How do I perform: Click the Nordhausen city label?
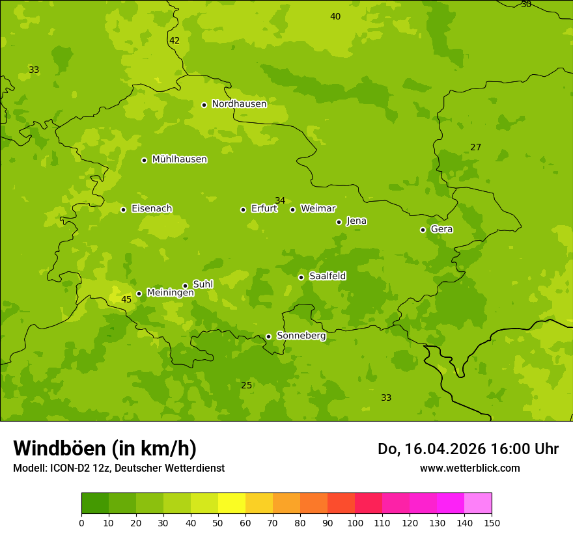tap(239, 104)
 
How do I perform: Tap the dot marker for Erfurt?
tap(243, 209)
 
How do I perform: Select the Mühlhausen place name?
tap(179, 159)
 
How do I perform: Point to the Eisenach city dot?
tap(123, 209)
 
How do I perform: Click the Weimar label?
tap(318, 209)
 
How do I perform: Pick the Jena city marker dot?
tap(339, 222)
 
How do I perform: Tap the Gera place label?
tap(441, 229)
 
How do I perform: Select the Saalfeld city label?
tap(328, 277)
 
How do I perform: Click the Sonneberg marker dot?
tap(268, 336)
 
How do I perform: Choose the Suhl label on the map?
tap(203, 284)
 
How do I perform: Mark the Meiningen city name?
tap(170, 293)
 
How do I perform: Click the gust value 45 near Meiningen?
tap(126, 299)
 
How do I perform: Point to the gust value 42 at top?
tap(175, 40)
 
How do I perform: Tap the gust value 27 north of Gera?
tap(475, 148)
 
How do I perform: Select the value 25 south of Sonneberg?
tap(246, 385)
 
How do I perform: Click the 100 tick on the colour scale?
tap(355, 522)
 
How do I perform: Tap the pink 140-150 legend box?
tap(478, 503)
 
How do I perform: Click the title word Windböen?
tap(59, 448)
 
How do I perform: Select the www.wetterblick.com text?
tap(469, 468)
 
